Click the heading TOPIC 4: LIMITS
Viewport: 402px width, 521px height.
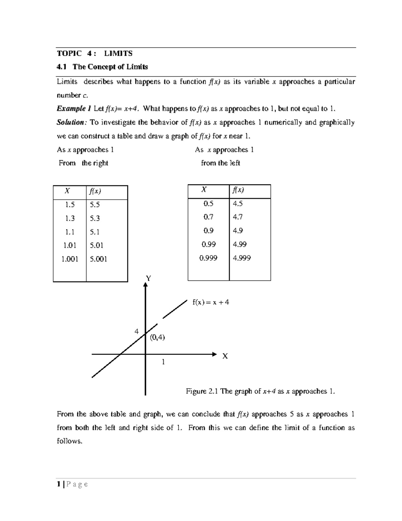click(x=94, y=53)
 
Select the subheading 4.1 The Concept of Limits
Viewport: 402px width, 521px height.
click(x=102, y=67)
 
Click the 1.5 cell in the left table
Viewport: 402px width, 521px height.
click(x=70, y=205)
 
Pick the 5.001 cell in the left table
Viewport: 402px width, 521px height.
click(x=98, y=259)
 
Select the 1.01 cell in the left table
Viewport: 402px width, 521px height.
click(x=70, y=245)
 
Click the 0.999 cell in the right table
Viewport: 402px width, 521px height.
click(x=208, y=258)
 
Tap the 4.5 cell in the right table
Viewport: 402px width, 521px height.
click(x=238, y=204)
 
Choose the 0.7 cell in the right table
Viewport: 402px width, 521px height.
click(x=208, y=217)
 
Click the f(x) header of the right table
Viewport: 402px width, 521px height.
click(x=238, y=190)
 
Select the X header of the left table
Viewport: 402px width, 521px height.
click(x=67, y=191)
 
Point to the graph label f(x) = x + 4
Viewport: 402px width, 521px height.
click(x=210, y=302)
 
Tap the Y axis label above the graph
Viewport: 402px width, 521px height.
click(x=148, y=278)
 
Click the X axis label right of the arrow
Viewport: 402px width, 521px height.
click(x=225, y=356)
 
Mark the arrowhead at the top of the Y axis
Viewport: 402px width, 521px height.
click(x=145, y=284)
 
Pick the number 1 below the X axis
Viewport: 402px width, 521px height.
click(x=163, y=362)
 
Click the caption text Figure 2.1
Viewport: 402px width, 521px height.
click(x=202, y=391)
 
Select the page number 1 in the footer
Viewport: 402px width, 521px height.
click(x=59, y=484)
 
